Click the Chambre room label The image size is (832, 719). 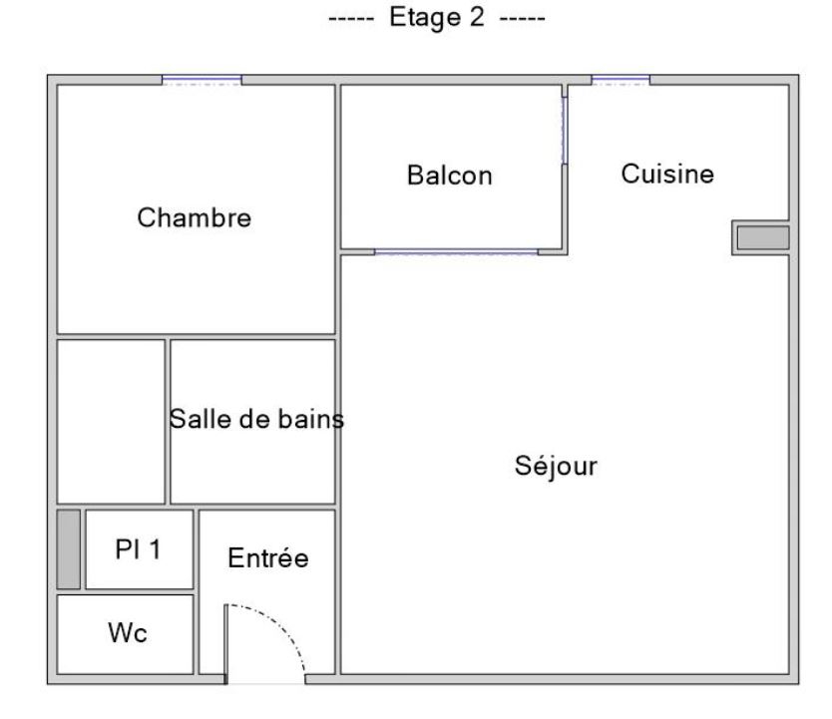click(x=195, y=217)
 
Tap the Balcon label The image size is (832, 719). click(x=450, y=175)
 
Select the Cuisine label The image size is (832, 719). click(x=667, y=174)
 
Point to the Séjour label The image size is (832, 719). click(x=556, y=466)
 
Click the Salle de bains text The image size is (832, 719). click(x=256, y=419)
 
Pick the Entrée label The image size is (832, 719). click(x=268, y=557)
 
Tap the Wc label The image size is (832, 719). click(x=128, y=632)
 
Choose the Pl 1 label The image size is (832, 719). click(x=138, y=548)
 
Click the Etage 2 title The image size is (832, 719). click(x=437, y=17)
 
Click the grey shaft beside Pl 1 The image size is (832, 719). click(x=69, y=549)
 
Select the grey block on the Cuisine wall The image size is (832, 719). click(x=763, y=237)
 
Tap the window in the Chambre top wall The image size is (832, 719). click(x=202, y=80)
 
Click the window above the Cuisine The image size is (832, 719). click(x=621, y=80)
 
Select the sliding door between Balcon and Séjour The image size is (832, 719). click(x=456, y=252)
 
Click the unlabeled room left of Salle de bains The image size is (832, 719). click(x=111, y=422)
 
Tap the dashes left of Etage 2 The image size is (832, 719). click(x=351, y=19)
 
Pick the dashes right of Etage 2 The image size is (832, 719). click(x=522, y=19)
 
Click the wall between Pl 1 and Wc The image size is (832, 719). click(x=126, y=591)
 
